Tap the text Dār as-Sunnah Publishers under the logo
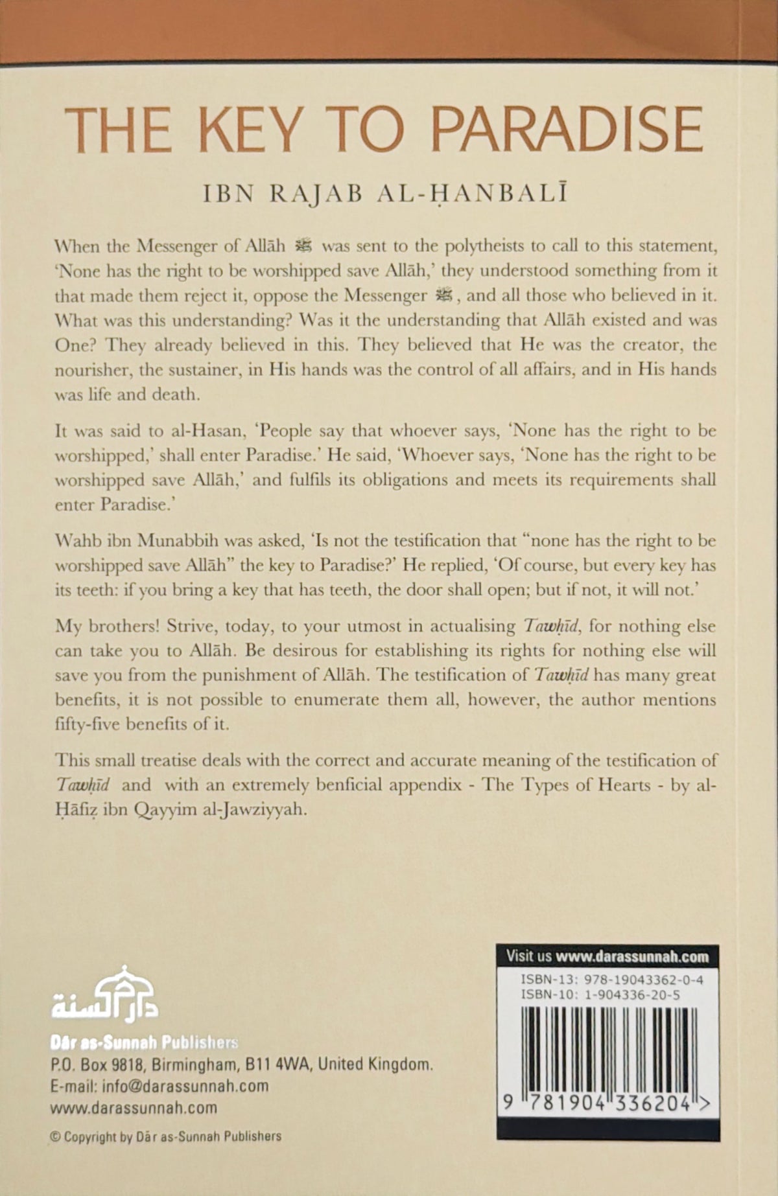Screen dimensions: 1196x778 pos(144,1042)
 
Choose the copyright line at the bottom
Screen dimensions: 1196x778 pos(166,1136)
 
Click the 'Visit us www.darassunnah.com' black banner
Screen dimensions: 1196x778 pos(607,956)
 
